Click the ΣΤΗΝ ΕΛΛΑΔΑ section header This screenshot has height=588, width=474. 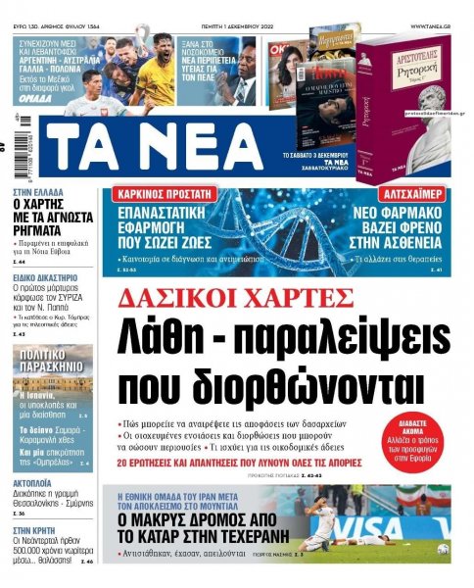(39, 194)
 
